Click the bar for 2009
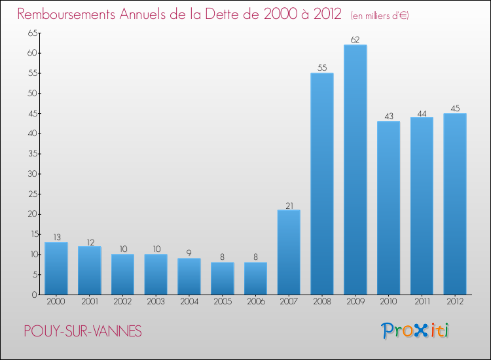coord(355,170)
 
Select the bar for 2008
coord(322,184)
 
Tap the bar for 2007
coord(289,253)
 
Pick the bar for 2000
coord(56,268)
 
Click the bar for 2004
coord(189,276)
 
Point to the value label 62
coord(355,40)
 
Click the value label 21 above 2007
coord(289,205)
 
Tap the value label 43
coord(389,117)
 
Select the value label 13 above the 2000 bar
coord(56,237)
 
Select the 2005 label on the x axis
coord(222,302)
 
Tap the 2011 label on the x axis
coord(422,302)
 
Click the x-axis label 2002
coord(122,302)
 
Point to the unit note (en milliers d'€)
coord(380,16)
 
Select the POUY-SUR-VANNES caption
coord(82,332)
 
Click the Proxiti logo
coord(416,331)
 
